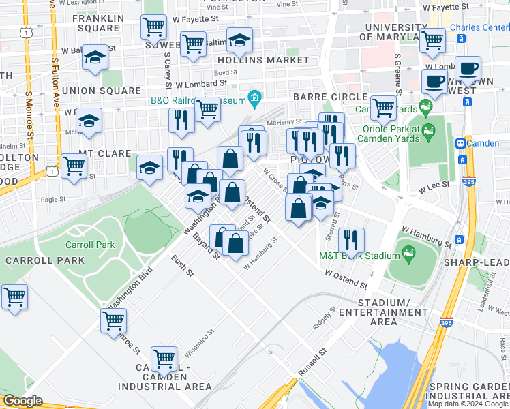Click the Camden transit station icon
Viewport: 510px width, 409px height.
[x=460, y=144]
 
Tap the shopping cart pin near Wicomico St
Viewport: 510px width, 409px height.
[x=164, y=358]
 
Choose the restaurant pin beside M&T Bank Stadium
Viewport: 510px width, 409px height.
[x=351, y=239]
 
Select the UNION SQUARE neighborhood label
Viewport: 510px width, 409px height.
[x=101, y=90]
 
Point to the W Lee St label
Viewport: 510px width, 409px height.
[x=434, y=184]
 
